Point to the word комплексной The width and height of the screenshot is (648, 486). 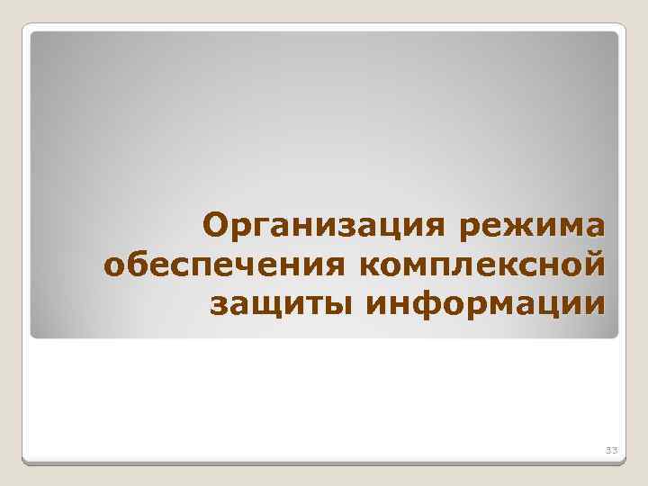(x=481, y=266)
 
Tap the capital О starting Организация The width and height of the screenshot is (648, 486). (x=218, y=224)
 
